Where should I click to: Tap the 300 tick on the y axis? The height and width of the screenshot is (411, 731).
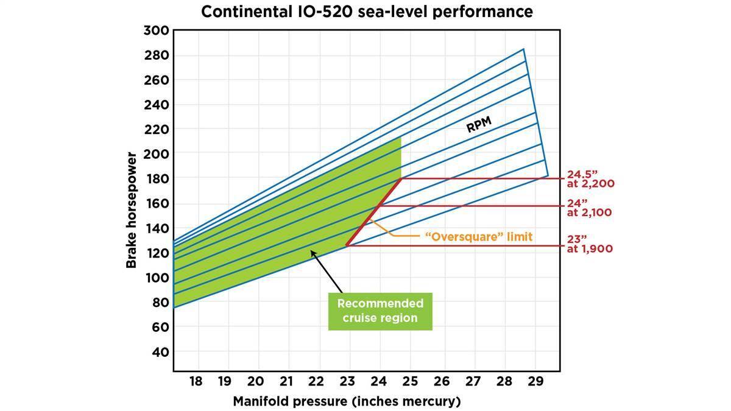point(157,30)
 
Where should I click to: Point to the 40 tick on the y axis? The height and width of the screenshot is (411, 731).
point(160,352)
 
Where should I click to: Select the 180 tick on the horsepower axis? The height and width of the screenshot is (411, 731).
point(157,178)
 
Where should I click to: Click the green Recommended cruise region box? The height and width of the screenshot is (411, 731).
point(380,311)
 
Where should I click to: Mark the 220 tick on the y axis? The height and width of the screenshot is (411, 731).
point(157,129)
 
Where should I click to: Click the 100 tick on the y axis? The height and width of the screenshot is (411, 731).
point(157,278)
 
